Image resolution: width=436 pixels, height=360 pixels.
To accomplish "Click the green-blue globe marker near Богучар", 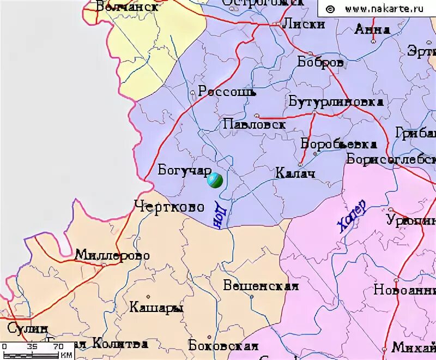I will click(x=215, y=181).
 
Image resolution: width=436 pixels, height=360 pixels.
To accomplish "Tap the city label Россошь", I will click(x=227, y=92).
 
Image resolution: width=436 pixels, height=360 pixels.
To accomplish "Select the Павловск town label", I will click(x=254, y=125).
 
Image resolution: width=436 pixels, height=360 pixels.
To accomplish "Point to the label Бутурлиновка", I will click(x=336, y=102).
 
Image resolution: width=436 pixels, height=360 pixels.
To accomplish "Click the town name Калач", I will click(x=295, y=173).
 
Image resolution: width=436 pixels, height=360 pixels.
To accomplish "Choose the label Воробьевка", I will click(x=338, y=144).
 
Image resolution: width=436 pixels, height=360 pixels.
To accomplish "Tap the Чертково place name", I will click(x=169, y=207).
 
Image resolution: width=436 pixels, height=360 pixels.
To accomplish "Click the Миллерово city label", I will click(x=112, y=255).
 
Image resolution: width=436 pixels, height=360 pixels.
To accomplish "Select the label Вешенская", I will click(x=261, y=286).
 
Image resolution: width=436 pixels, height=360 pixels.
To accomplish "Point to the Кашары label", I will click(x=156, y=308).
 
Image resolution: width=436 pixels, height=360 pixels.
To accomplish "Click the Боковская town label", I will click(x=222, y=346).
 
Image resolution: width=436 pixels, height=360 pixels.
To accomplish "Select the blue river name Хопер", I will click(x=352, y=217).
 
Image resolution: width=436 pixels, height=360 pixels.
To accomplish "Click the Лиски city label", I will click(x=303, y=24).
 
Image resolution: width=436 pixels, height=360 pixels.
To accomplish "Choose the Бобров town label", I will click(x=320, y=63).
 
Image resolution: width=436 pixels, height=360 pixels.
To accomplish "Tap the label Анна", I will click(x=372, y=29).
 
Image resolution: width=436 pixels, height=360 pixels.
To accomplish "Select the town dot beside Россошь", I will click(x=192, y=93).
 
